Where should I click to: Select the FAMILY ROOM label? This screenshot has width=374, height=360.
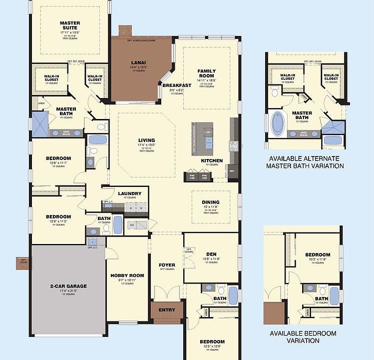tap(206, 74)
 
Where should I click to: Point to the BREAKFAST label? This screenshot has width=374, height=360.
tap(176, 85)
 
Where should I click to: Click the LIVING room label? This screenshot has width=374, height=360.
tap(146, 140)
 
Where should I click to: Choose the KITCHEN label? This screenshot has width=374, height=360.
tap(208, 160)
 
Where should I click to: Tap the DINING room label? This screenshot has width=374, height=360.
tap(211, 202)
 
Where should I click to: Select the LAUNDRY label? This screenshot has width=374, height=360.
tap(129, 193)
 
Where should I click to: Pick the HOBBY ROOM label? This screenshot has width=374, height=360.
tap(127, 275)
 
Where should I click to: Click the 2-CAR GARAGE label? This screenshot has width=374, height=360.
tap(68, 286)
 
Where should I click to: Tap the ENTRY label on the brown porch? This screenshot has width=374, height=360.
tap(167, 310)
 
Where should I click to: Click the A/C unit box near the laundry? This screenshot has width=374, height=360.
tap(132, 225)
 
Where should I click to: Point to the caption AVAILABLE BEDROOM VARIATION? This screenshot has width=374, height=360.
tap(303, 336)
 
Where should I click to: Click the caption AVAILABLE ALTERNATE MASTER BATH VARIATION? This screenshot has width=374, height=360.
tap(305, 162)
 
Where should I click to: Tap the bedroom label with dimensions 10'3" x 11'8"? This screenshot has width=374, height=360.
tap(318, 254)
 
